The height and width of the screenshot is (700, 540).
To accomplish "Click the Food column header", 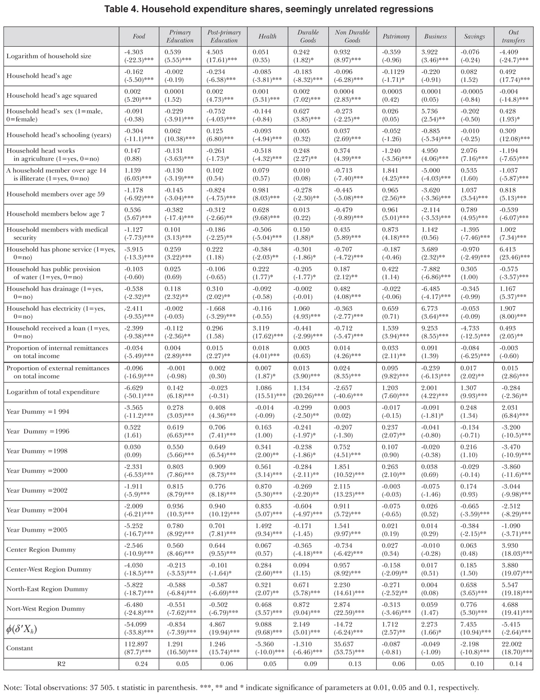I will click(x=139, y=36).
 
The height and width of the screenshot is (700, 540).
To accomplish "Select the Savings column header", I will click(x=474, y=36).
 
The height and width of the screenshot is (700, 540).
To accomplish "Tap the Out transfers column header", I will click(x=513, y=36).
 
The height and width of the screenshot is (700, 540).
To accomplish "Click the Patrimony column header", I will click(x=396, y=36).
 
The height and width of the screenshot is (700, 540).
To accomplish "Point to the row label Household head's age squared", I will click(x=52, y=95).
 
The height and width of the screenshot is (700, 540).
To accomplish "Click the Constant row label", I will click(x=20, y=648).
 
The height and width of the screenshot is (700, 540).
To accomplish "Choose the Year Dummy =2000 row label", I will click(x=37, y=471).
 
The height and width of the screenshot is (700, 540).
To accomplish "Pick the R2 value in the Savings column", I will click(x=474, y=664).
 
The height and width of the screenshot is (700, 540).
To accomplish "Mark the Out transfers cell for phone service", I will click(x=513, y=253).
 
